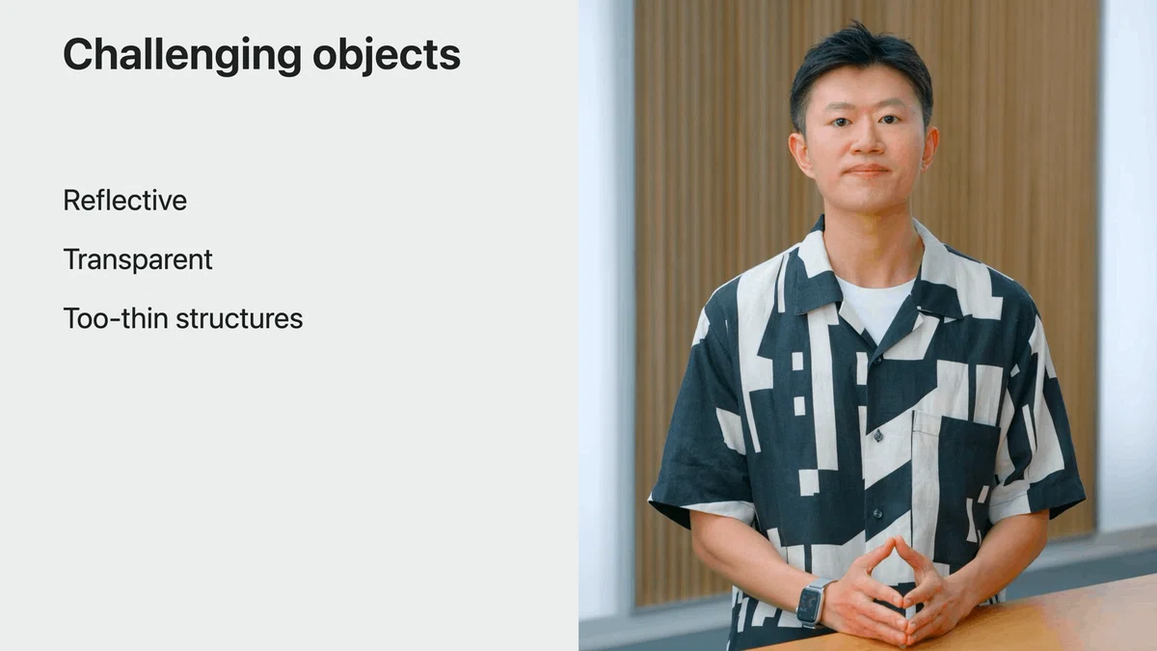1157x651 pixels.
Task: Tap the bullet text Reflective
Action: point(125,201)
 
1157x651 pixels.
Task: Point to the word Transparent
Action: point(137,259)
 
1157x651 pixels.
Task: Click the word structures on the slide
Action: point(239,318)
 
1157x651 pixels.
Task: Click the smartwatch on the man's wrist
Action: point(812,603)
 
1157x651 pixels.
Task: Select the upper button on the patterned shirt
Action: point(878,437)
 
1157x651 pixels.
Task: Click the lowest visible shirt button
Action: point(877,513)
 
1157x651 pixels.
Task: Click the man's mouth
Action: point(867,171)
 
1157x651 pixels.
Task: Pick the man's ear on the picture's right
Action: point(930,148)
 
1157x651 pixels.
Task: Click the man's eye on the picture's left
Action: point(841,122)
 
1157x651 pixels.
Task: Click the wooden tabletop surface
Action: point(1008,620)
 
